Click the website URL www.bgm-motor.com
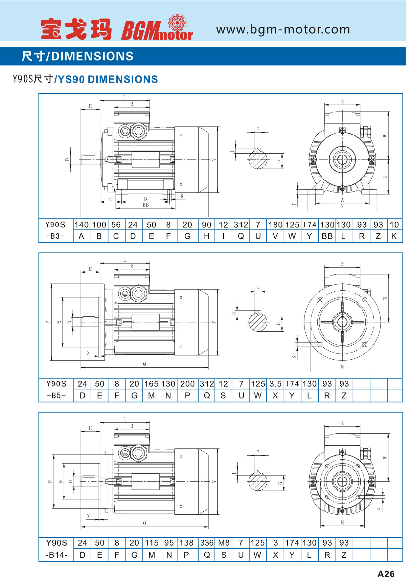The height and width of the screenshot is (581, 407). (x=283, y=30)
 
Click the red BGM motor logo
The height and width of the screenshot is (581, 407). (x=157, y=29)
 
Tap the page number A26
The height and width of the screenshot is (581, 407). (x=386, y=574)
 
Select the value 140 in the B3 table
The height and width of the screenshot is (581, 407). (x=82, y=225)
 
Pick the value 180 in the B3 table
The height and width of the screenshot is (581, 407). (x=275, y=225)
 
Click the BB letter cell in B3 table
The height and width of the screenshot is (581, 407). (x=327, y=236)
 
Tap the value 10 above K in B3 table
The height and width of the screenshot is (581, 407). (x=394, y=225)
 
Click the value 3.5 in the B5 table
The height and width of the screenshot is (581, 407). (x=275, y=384)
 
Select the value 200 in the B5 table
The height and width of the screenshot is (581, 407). (x=187, y=384)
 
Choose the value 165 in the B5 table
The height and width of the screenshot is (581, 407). (x=151, y=384)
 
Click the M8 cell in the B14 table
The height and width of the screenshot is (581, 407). (x=224, y=543)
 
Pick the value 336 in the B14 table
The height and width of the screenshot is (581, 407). (x=207, y=543)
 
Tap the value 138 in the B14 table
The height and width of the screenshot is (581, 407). (x=187, y=543)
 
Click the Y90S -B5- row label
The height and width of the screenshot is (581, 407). (x=56, y=390)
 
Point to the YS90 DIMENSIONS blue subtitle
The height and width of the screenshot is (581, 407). (x=108, y=79)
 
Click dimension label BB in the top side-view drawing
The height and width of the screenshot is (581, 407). (x=146, y=205)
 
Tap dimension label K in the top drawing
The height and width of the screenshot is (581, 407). (x=182, y=196)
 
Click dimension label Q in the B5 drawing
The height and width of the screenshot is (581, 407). (x=145, y=364)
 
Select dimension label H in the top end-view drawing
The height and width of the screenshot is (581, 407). (x=385, y=177)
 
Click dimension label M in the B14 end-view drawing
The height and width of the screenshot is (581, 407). (x=342, y=523)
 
